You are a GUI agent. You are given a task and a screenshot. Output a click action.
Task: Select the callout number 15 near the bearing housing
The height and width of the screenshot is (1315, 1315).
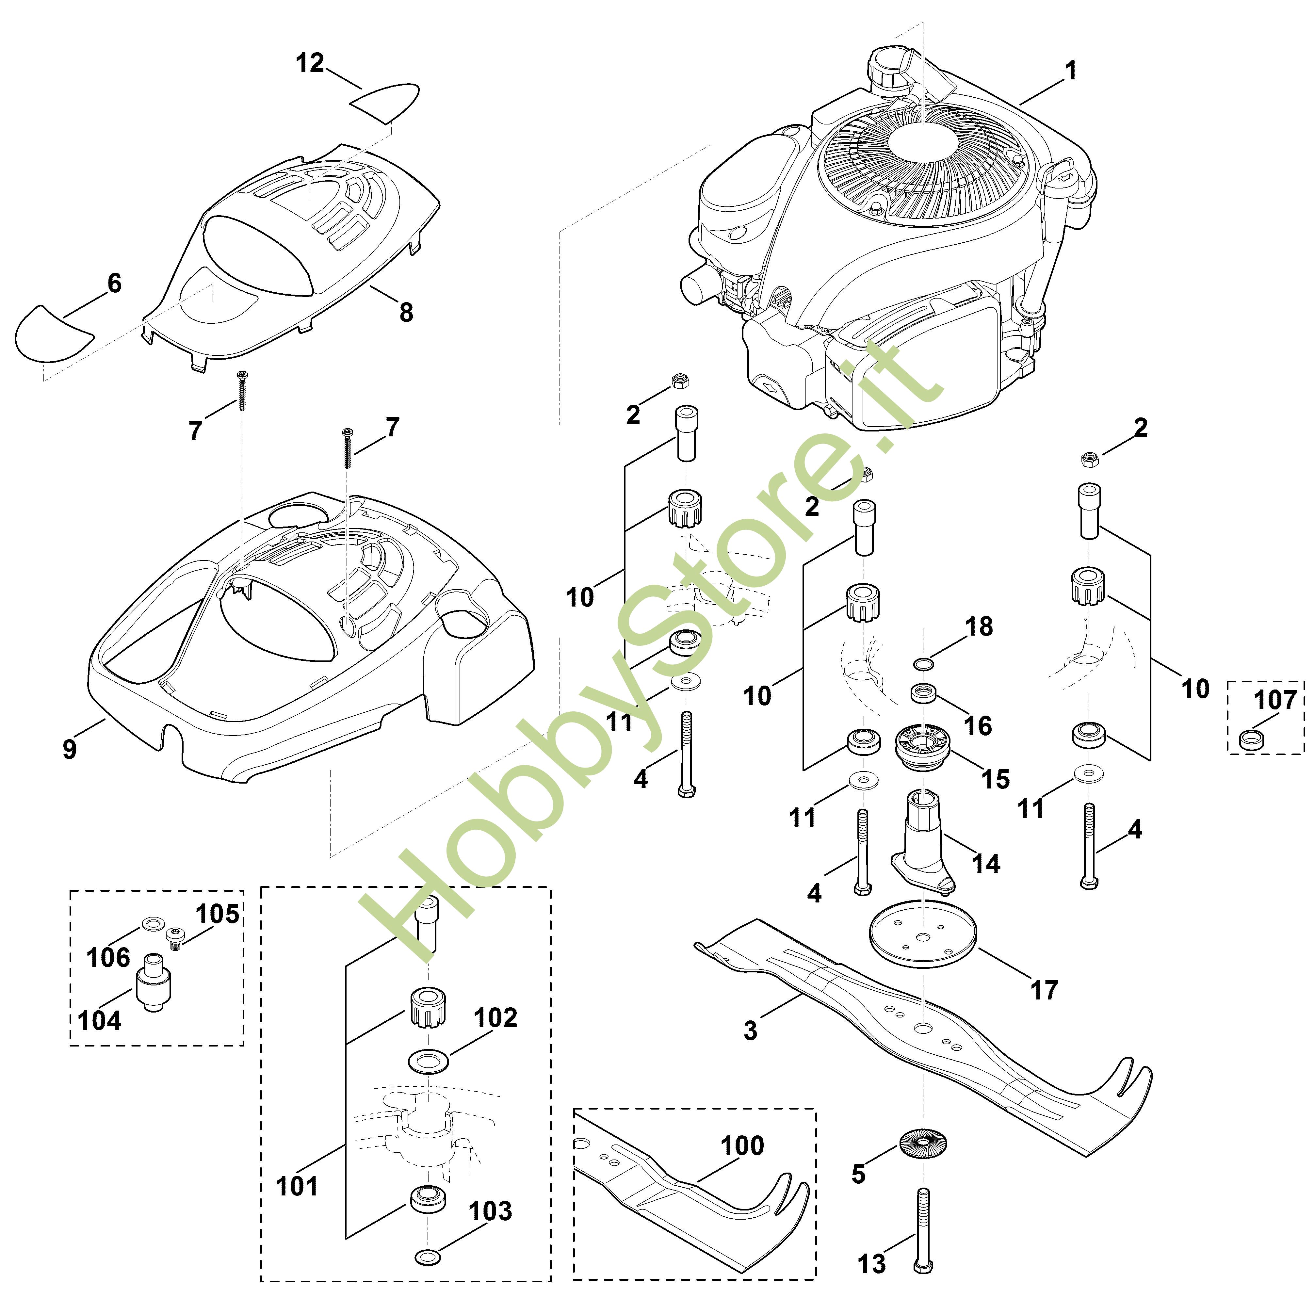[995, 779]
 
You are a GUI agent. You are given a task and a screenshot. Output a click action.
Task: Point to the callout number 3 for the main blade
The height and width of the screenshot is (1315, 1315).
[750, 1031]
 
